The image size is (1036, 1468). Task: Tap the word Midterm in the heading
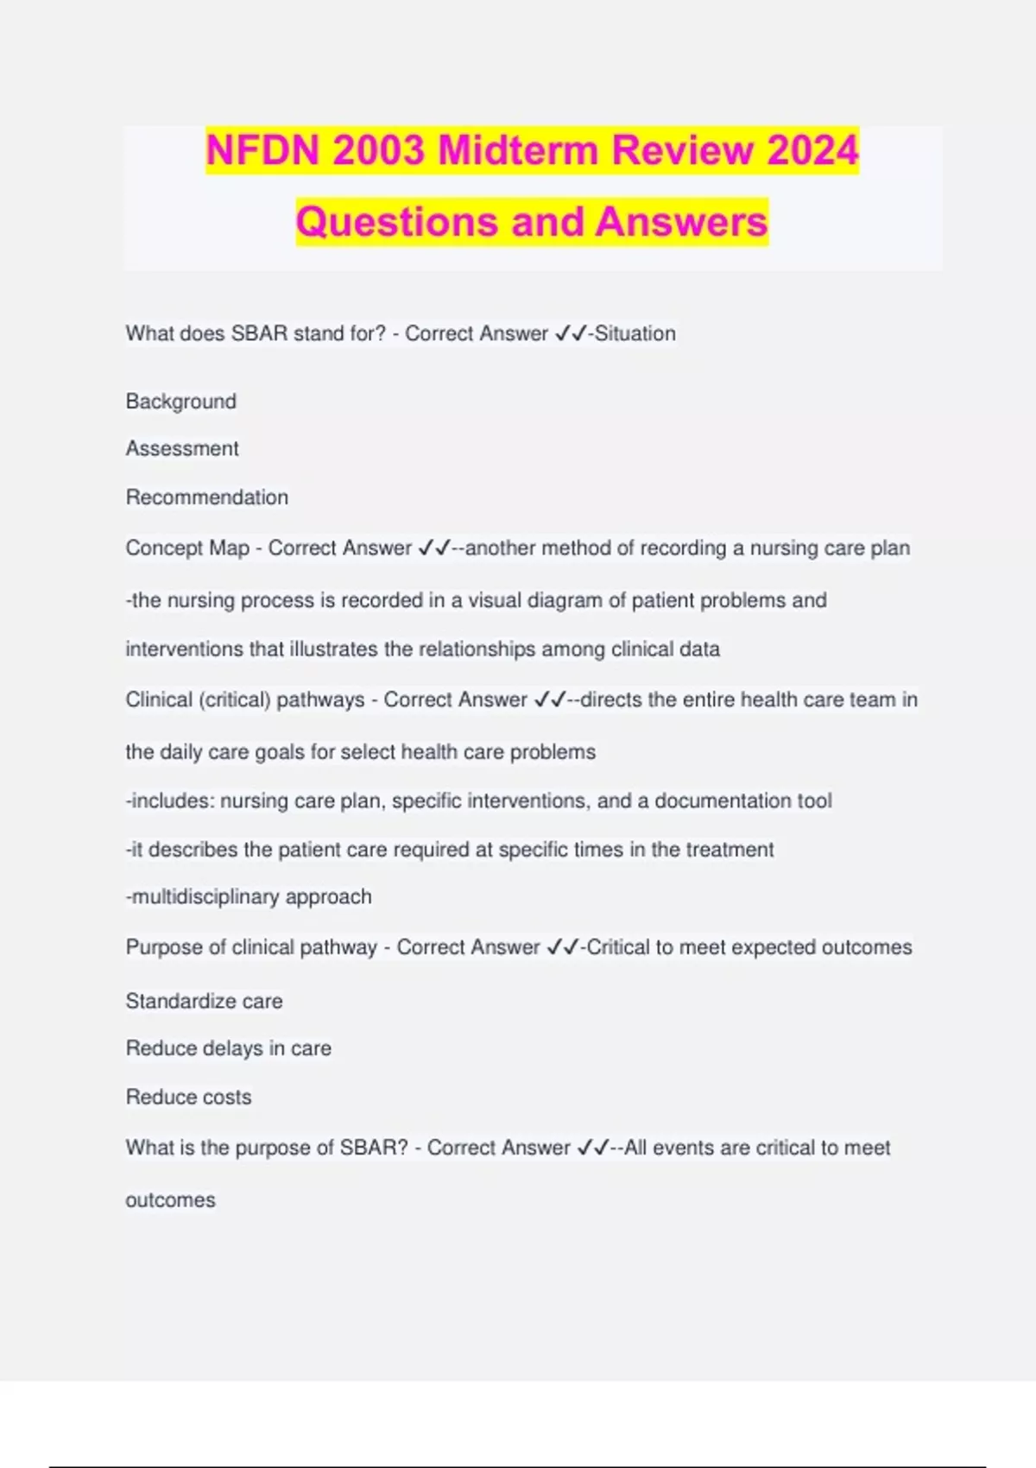click(518, 150)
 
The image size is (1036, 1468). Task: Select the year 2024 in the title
click(812, 150)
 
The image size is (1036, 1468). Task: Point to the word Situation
click(635, 333)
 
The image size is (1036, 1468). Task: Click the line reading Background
click(180, 402)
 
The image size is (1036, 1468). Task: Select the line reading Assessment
click(182, 449)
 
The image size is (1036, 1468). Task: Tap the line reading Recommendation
click(207, 497)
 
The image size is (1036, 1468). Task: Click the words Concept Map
click(187, 548)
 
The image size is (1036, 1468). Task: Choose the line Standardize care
click(204, 1001)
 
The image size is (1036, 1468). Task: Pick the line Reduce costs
click(188, 1098)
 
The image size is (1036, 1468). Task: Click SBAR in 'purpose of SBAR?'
click(373, 1148)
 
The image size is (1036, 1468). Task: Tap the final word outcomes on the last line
click(170, 1200)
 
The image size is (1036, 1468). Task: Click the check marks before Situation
click(570, 333)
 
